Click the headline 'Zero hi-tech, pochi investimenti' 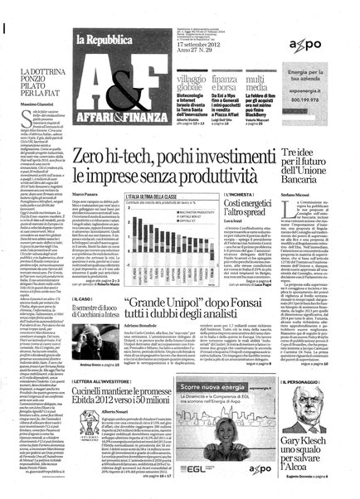tap(190, 138)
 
